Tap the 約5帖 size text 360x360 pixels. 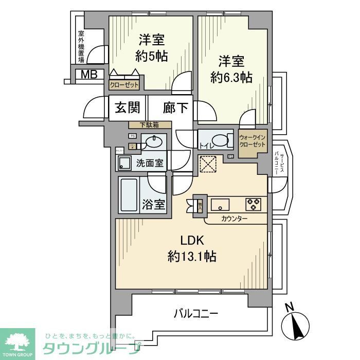tap(151, 55)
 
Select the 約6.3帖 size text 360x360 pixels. tap(231, 78)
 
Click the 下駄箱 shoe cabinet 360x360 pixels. tap(150, 125)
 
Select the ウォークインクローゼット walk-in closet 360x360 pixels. tap(253, 142)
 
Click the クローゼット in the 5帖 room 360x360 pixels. tap(124, 85)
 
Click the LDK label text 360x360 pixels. tap(192, 241)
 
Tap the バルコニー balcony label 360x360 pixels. tap(196, 312)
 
